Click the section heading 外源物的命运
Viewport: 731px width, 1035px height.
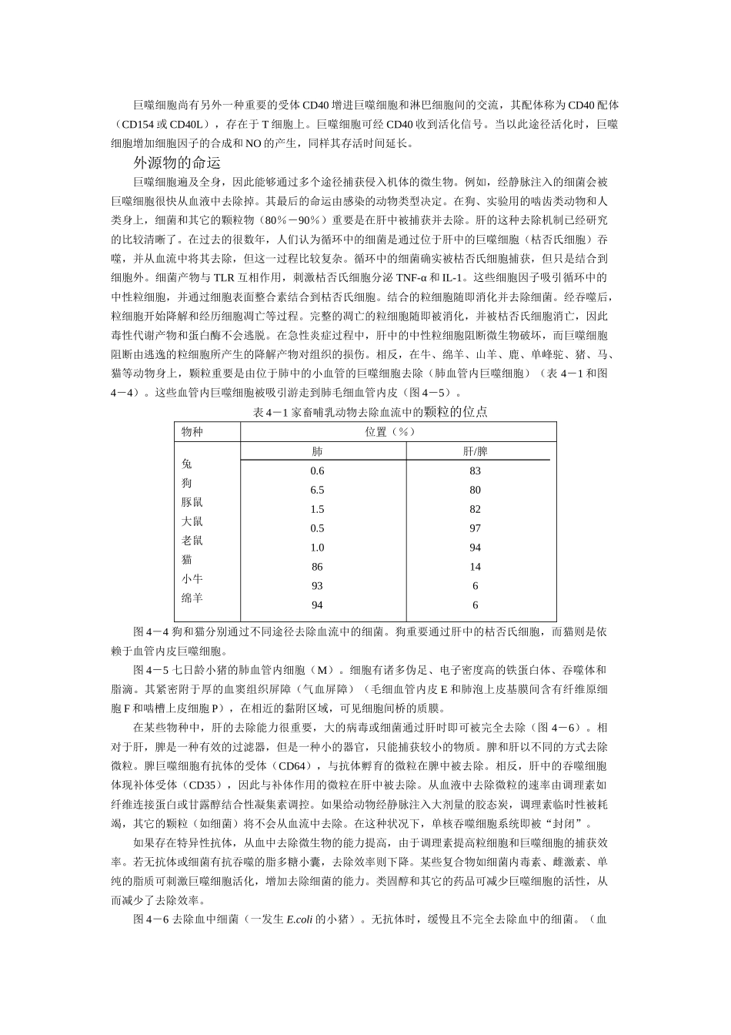coord(177,163)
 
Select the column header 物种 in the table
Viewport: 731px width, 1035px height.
coord(192,432)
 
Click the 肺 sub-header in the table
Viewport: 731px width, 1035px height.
coord(317,451)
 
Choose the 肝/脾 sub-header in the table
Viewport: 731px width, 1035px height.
coord(475,451)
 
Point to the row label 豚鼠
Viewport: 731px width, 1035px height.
coord(192,502)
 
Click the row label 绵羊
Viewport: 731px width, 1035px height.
coord(192,598)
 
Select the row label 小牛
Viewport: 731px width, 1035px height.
coord(192,579)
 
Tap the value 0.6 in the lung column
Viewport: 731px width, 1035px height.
coord(317,471)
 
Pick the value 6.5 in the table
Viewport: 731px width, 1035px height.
coord(317,491)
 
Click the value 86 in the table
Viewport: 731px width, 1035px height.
coord(317,567)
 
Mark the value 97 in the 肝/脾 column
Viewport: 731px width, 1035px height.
coord(475,528)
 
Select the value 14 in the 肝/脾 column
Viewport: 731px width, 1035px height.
coord(475,567)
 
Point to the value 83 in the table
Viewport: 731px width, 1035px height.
coord(475,471)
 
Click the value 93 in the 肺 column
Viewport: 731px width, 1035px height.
coord(317,586)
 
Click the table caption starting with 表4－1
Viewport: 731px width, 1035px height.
coord(370,413)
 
